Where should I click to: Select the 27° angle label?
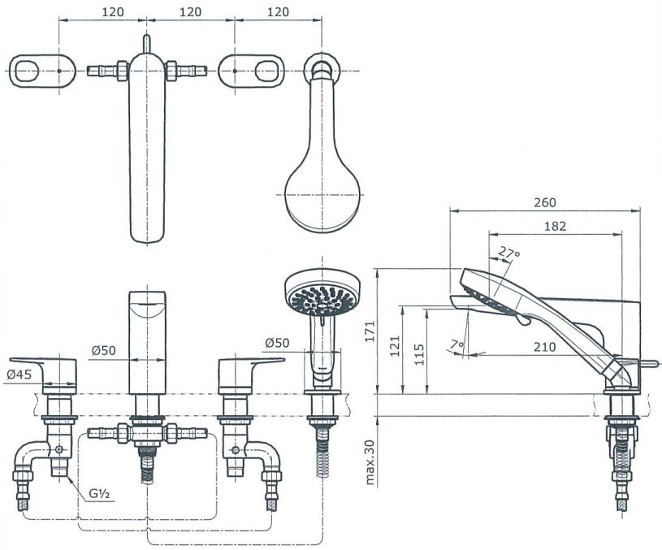[509, 253]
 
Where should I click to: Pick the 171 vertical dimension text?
[372, 331]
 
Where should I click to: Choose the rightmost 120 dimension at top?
[277, 12]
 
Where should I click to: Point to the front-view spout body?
[146, 341]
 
